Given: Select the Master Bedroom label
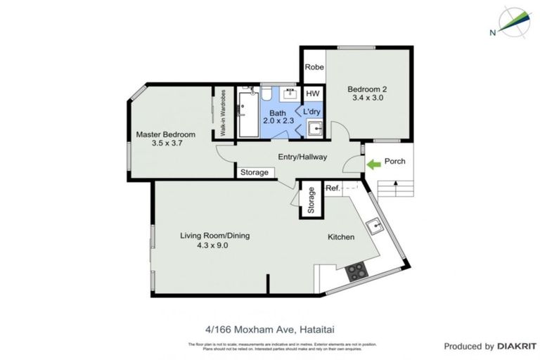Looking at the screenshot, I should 165,134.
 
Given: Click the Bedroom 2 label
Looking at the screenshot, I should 368,89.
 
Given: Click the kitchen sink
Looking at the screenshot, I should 375,224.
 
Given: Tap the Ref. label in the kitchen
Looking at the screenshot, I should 333,188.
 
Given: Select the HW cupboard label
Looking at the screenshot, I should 313,94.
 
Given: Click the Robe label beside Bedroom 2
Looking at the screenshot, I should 314,68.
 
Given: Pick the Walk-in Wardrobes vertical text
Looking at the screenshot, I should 222,112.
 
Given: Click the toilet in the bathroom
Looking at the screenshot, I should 268,94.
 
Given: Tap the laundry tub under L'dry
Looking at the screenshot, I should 315,128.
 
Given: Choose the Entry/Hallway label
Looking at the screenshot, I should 302,157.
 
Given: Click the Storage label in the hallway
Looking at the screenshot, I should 255,172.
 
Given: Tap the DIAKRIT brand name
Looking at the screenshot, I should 517,346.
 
